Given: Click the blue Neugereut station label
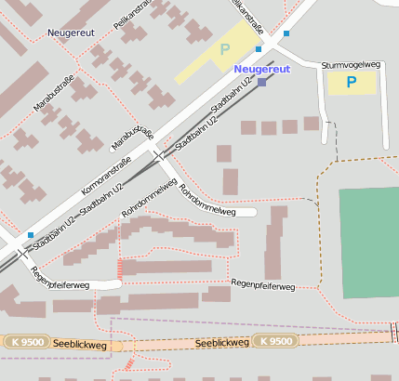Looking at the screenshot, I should pos(262,69).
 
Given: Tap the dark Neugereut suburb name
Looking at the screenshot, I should pos(72,33).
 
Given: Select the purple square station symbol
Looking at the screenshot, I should pos(262,83).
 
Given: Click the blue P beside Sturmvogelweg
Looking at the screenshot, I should pos(352,82).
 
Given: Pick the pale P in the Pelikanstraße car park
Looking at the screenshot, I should pos(224,48).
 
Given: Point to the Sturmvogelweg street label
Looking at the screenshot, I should pos(352,65).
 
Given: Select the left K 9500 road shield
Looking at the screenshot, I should pos(26,343).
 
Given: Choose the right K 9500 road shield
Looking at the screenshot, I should pos(276,341).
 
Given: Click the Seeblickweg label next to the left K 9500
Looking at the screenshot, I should pos(80,345).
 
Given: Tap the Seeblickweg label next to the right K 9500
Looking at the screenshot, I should pos(222,343).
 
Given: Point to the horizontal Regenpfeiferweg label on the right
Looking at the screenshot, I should pos(262,284).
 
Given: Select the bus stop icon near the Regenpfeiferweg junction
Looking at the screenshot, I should pos(31,235).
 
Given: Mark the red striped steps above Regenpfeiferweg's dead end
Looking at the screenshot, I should pos(119,269).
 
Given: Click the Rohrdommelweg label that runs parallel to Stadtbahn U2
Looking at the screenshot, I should pos(149,199).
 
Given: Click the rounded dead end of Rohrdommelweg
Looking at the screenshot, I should pos(251,213).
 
